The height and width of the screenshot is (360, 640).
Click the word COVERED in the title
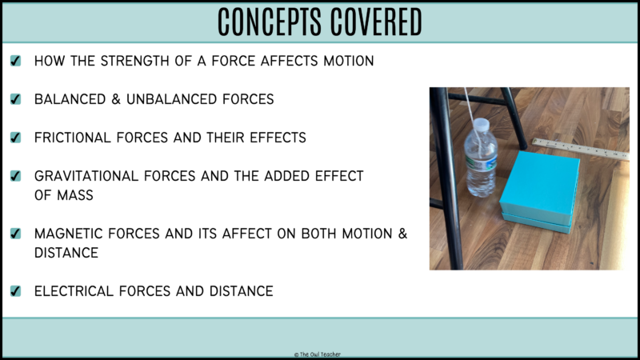(x=374, y=22)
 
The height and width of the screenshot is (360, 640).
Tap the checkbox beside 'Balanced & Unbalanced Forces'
(x=16, y=99)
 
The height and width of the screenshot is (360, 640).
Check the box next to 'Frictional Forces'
(x=16, y=138)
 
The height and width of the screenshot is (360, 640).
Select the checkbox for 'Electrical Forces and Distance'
(x=16, y=291)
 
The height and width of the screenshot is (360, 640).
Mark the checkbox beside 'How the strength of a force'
(x=16, y=61)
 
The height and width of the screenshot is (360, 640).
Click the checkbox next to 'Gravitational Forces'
(x=16, y=176)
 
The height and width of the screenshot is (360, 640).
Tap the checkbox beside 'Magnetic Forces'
(x=16, y=234)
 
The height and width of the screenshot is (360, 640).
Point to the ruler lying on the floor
(x=581, y=149)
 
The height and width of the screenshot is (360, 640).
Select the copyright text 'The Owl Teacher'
(x=320, y=353)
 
